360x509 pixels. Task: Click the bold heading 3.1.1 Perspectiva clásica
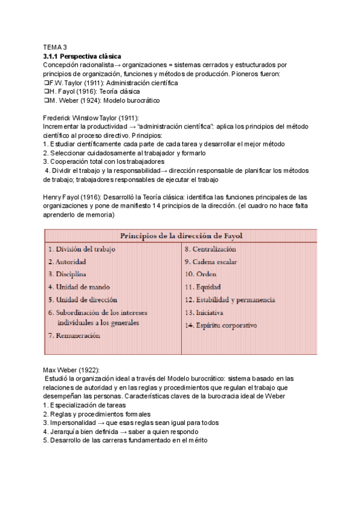click(x=82, y=55)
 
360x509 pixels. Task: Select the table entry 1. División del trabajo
click(x=82, y=248)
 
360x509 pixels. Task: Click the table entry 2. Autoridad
click(x=67, y=262)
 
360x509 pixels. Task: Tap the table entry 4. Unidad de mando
click(x=79, y=287)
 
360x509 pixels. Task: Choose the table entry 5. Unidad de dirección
click(x=83, y=300)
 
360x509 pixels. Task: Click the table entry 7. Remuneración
click(x=74, y=336)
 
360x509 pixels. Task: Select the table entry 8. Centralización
click(x=210, y=248)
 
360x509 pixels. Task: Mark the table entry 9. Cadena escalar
click(x=211, y=262)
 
